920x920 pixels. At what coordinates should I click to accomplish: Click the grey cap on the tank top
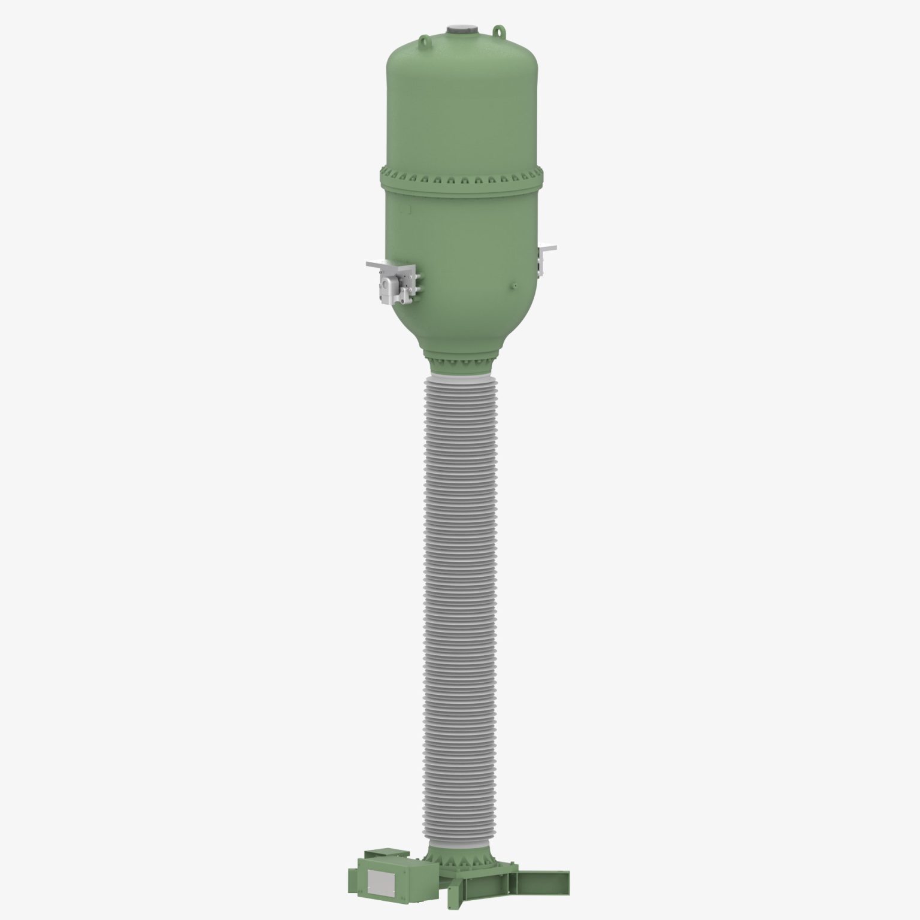[460, 29]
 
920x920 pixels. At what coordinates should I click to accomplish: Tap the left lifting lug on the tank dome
[424, 41]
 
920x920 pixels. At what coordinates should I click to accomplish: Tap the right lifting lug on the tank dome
[497, 30]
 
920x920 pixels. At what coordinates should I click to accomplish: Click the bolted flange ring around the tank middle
[461, 177]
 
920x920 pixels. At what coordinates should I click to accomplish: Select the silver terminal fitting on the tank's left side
[395, 285]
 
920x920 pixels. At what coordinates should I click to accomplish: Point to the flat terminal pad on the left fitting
[377, 264]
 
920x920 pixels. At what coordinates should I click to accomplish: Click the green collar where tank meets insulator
[460, 364]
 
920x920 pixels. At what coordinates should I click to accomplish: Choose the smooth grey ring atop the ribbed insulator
[460, 380]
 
